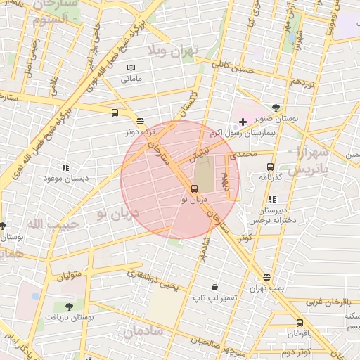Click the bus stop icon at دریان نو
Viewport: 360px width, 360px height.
[195, 188]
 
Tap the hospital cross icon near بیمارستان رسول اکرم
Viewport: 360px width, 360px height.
[243, 122]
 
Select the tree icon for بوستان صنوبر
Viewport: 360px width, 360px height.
[276, 108]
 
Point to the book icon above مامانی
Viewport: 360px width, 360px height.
[130, 67]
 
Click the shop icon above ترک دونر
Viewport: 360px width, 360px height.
[140, 121]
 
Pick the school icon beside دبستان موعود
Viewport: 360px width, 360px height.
[65, 167]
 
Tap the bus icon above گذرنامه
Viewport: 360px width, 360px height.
[270, 167]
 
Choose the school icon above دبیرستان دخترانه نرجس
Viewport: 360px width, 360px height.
[272, 199]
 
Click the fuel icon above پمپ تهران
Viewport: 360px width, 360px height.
[266, 277]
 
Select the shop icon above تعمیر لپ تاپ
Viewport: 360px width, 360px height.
[214, 288]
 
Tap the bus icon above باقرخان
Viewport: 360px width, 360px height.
[300, 323]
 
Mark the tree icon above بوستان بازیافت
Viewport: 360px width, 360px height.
[69, 307]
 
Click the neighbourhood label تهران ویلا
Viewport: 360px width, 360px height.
[173, 51]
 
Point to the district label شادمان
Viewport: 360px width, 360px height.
[143, 330]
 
